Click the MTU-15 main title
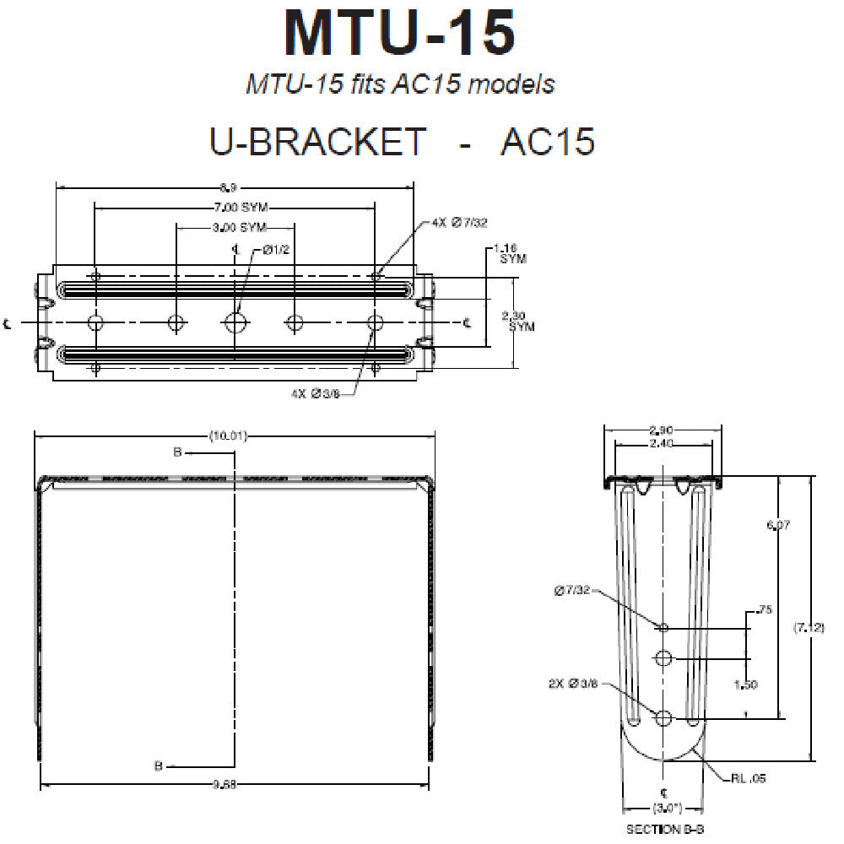(x=400, y=34)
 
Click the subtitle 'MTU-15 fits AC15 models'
(x=400, y=84)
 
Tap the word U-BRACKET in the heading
(x=317, y=141)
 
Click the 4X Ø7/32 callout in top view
(x=459, y=222)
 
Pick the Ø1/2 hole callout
(x=276, y=249)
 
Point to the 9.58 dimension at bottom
(x=235, y=784)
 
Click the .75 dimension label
(x=765, y=610)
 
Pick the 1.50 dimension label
(x=746, y=684)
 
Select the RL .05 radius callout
(x=748, y=780)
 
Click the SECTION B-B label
(x=665, y=830)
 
